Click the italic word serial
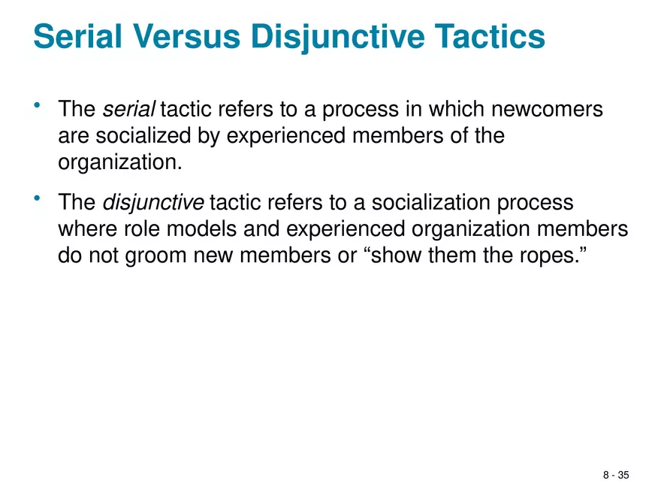pos(128,110)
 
